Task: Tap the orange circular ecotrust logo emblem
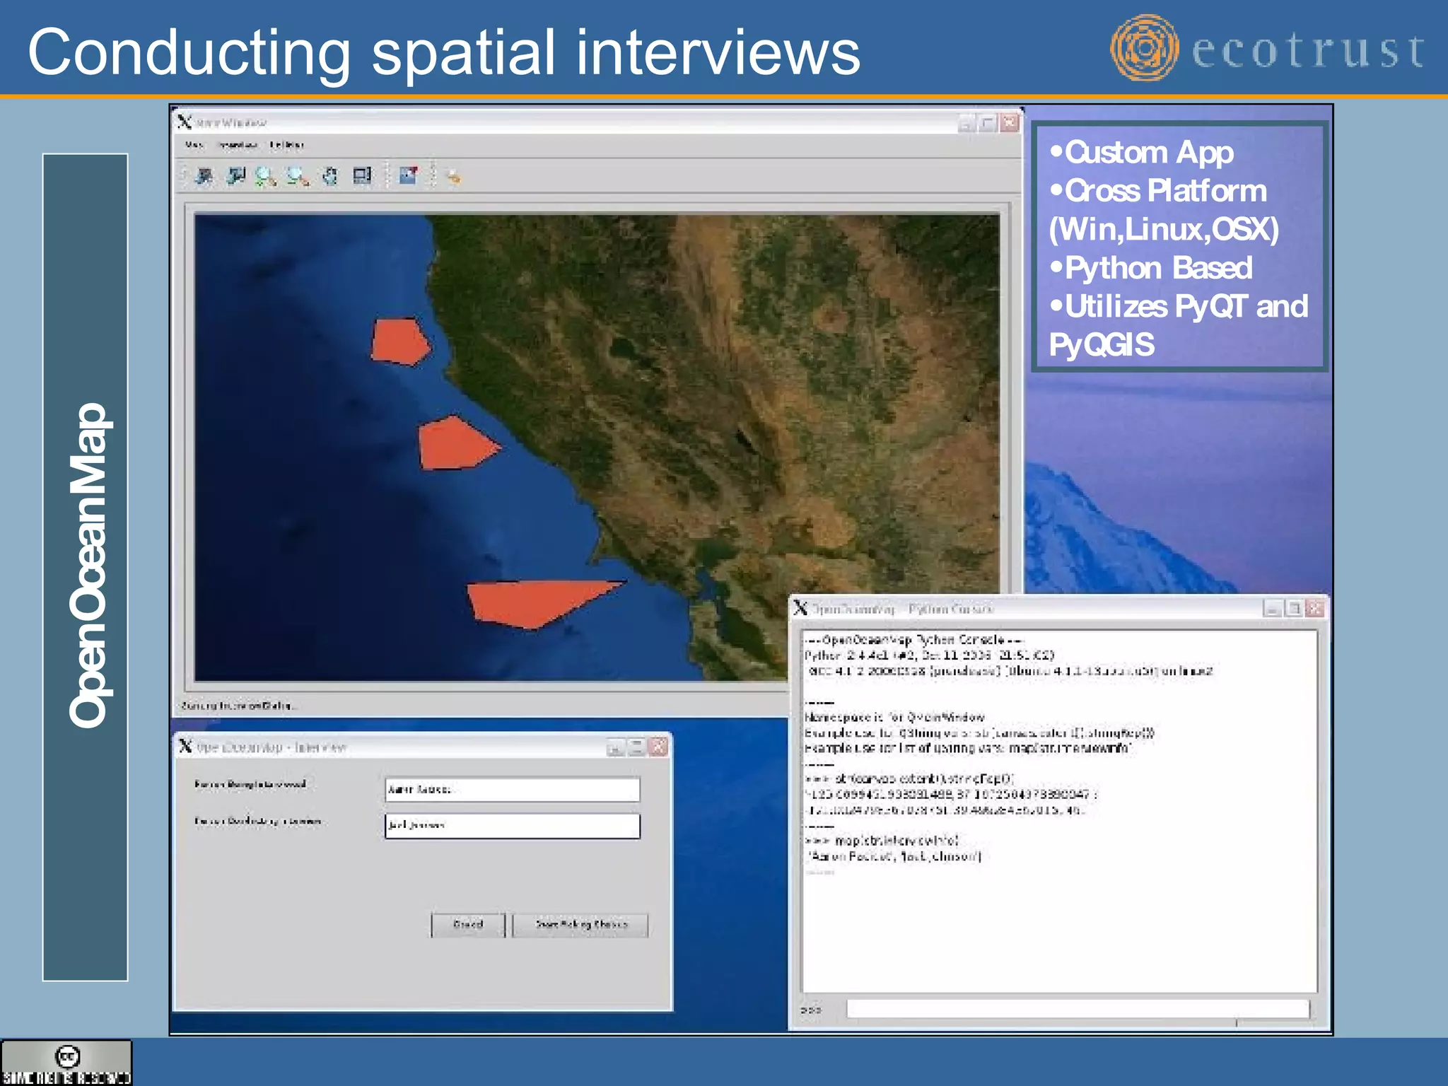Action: (x=1144, y=48)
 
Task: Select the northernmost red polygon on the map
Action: (x=400, y=341)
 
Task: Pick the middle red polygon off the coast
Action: (x=454, y=443)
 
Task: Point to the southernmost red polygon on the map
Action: (x=535, y=602)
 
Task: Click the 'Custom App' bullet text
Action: (x=1149, y=153)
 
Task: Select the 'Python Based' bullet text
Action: (x=1158, y=268)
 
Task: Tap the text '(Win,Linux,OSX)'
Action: (x=1164, y=229)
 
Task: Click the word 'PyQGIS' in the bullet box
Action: (x=1102, y=345)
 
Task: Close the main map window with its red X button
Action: (x=1010, y=123)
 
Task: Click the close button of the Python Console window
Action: (x=1314, y=609)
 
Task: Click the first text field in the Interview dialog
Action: (x=512, y=789)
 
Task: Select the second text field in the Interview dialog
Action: (x=512, y=826)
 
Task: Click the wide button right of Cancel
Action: (x=580, y=924)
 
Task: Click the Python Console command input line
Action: (x=1077, y=1009)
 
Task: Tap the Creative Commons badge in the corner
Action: (x=66, y=1062)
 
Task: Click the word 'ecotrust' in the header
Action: (x=1308, y=51)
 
